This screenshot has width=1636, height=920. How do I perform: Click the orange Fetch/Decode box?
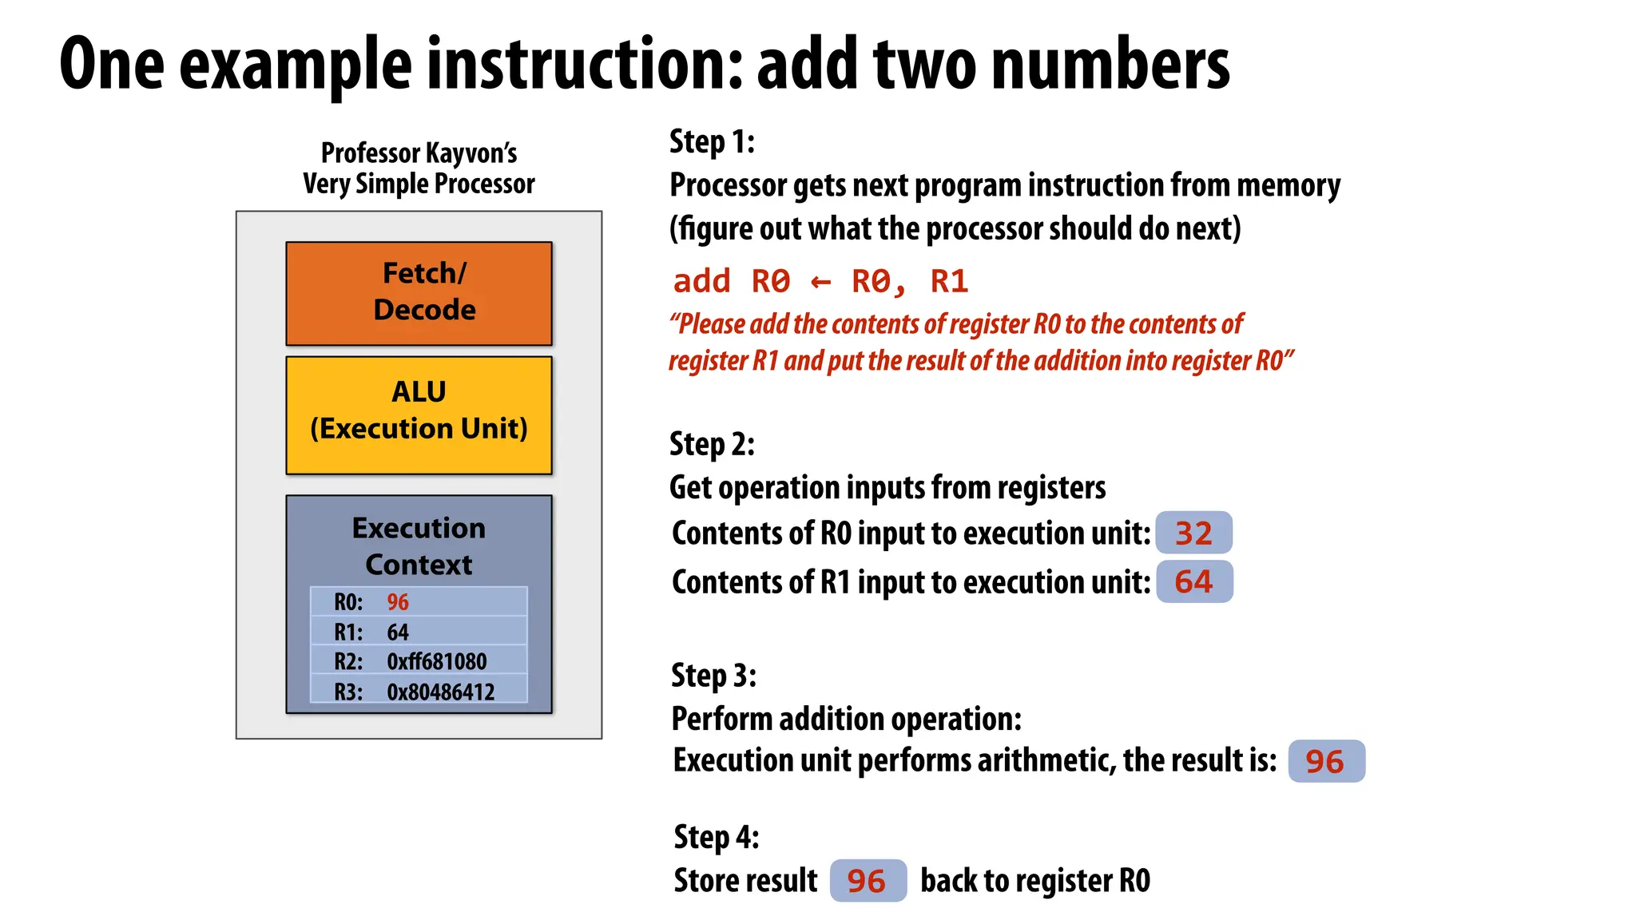(x=419, y=292)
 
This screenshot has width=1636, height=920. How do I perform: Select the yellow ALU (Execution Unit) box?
(x=419, y=414)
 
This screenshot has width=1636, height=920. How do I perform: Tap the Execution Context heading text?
(x=419, y=545)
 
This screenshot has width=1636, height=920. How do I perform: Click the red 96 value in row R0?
(x=398, y=602)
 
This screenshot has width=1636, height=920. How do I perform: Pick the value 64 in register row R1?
(x=398, y=632)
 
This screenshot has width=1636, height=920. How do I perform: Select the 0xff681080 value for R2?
(x=436, y=662)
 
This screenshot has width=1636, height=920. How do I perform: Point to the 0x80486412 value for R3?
(x=440, y=692)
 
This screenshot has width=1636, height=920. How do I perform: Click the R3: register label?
(x=348, y=692)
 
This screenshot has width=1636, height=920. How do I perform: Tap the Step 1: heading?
(x=712, y=142)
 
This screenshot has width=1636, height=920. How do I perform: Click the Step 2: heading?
(x=712, y=444)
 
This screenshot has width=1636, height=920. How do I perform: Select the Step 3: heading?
(x=713, y=676)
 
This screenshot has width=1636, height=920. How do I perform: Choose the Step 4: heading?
(x=716, y=837)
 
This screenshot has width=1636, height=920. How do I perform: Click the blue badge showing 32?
(x=1193, y=533)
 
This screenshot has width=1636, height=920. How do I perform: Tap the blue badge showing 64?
(x=1193, y=581)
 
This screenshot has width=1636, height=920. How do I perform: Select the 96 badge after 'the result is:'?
(x=1325, y=761)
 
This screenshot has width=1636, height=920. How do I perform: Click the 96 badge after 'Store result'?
(x=868, y=881)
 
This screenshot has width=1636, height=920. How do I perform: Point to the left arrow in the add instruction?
(x=820, y=282)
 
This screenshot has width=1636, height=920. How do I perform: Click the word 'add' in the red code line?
(x=701, y=282)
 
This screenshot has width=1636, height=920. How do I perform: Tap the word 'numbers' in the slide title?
(x=1110, y=64)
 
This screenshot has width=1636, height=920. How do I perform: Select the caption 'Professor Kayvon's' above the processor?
(x=419, y=153)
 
